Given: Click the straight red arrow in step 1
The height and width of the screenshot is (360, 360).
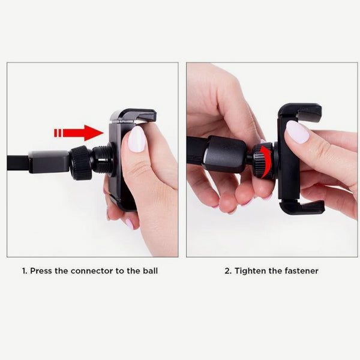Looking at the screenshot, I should pyautogui.click(x=84, y=133).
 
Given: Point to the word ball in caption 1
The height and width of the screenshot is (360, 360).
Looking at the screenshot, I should pyautogui.click(x=149, y=271).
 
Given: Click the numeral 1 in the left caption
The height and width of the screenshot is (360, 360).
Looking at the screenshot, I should pyautogui.click(x=25, y=271).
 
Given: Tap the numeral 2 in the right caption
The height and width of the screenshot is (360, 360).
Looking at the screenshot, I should pyautogui.click(x=227, y=271).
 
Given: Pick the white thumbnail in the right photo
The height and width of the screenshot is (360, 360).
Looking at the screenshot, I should pyautogui.click(x=297, y=131).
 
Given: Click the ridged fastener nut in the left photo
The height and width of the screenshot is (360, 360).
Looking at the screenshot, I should pyautogui.click(x=80, y=163).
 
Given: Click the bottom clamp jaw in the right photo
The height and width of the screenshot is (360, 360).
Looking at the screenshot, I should pyautogui.click(x=302, y=208).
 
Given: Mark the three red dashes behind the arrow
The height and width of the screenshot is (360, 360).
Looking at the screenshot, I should pyautogui.click(x=58, y=133).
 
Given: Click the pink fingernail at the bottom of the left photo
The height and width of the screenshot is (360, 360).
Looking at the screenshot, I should pyautogui.click(x=130, y=223).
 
